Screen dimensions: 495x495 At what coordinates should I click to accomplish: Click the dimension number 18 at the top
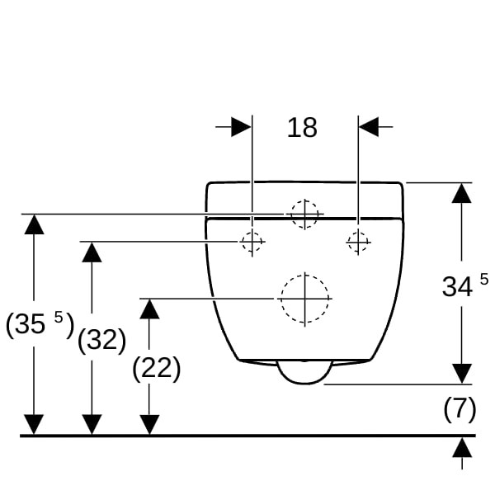tap(302, 127)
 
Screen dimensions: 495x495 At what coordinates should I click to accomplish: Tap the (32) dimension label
tap(101, 339)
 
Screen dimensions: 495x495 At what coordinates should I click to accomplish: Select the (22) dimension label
tap(156, 368)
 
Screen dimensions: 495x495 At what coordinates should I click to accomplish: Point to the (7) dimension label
tap(460, 409)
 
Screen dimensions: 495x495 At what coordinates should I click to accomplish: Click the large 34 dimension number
tap(457, 286)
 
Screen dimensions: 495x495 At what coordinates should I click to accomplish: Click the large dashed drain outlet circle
tap(304, 298)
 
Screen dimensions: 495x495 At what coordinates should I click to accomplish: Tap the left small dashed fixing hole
tap(252, 242)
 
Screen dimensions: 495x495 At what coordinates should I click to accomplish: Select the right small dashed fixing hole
tap(358, 242)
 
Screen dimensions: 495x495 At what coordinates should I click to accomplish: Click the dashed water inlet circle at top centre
tap(304, 214)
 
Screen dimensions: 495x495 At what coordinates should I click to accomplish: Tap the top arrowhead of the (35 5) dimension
tap(34, 224)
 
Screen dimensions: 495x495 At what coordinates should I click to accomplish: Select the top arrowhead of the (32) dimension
tap(92, 252)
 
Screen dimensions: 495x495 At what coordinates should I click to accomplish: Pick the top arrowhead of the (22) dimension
tap(149, 309)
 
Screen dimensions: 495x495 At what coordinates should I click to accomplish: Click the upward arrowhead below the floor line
tap(462, 447)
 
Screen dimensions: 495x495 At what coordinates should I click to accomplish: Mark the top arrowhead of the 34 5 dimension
tap(462, 193)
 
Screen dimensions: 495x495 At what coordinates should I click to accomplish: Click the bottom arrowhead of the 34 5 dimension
tap(462, 374)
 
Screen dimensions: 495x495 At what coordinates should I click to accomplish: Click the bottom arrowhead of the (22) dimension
tap(149, 425)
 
